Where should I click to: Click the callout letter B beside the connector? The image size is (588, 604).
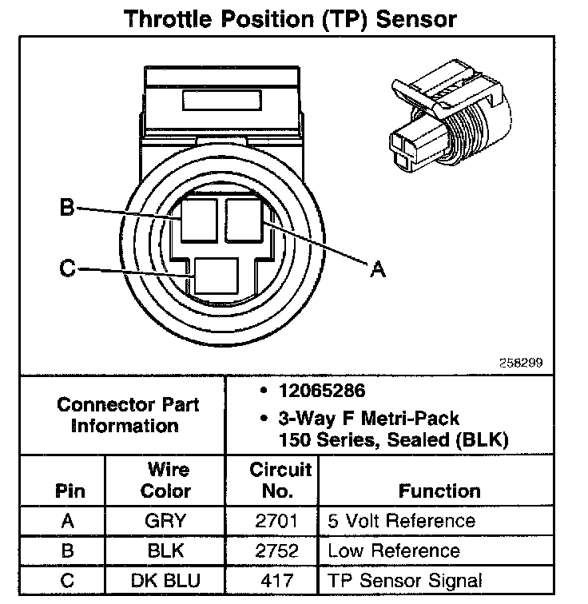[68, 209]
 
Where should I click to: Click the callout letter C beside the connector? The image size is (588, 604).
[68, 268]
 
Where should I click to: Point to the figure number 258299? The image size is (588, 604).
[520, 362]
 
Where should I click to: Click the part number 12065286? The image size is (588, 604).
[320, 391]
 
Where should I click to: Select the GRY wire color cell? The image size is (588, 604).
[165, 522]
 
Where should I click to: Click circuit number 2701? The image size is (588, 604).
[273, 522]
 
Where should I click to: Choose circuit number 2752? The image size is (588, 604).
[273, 551]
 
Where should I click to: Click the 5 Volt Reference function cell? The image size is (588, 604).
[401, 522]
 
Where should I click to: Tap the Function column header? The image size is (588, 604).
[439, 491]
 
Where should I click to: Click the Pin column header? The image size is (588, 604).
[69, 491]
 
